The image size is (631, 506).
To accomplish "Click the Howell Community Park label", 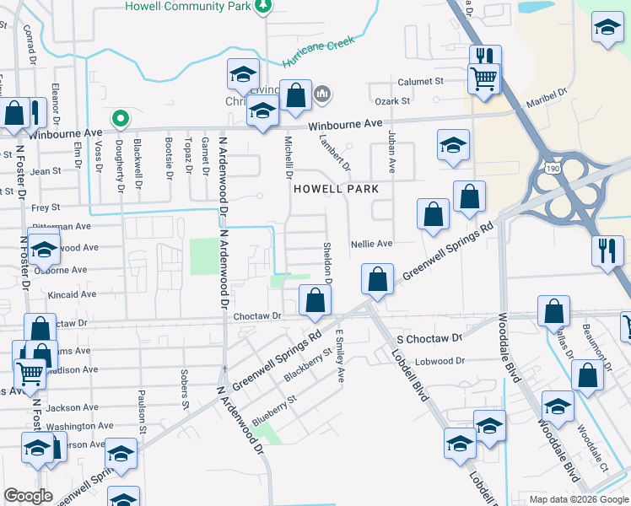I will click(x=188, y=6).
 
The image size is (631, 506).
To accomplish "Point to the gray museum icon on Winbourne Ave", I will click(x=321, y=94).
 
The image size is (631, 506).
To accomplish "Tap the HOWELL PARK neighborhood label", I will click(x=336, y=189).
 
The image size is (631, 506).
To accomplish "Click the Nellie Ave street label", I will click(x=372, y=243).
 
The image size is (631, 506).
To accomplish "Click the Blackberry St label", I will click(x=305, y=363).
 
